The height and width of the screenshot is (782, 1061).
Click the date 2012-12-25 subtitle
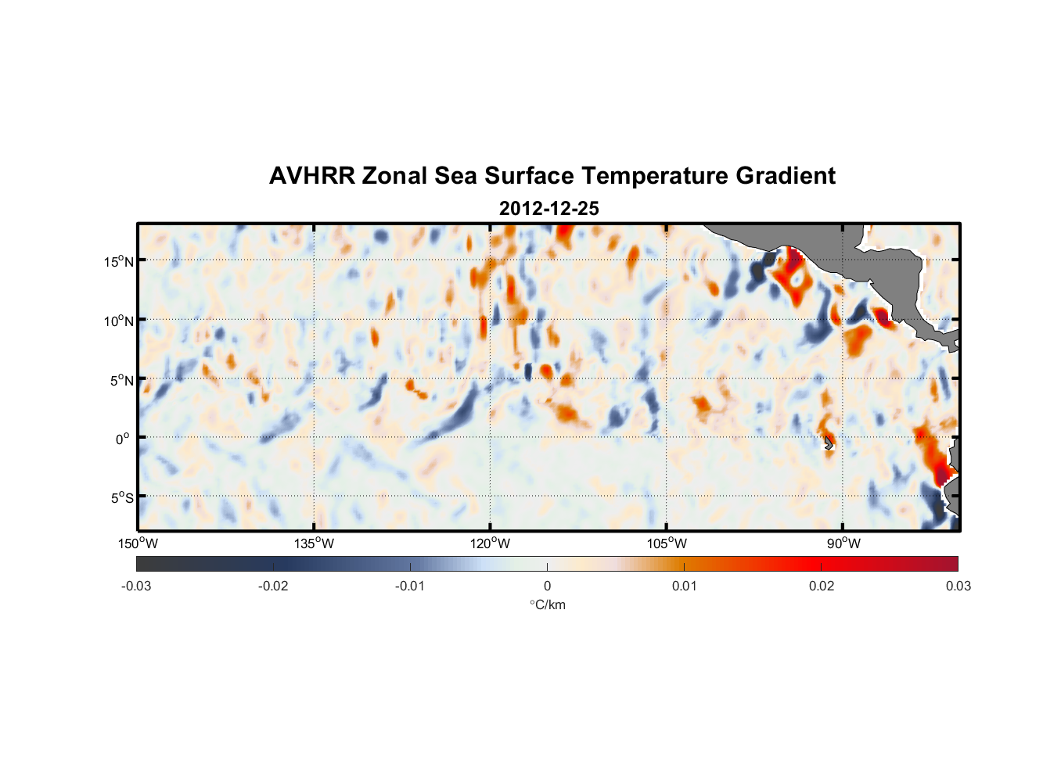(x=548, y=209)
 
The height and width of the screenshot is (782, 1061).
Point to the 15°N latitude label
(x=119, y=261)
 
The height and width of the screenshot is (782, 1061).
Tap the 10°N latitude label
(x=119, y=321)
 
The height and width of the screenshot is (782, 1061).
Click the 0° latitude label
(x=123, y=439)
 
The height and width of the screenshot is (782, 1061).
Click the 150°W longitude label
(x=138, y=543)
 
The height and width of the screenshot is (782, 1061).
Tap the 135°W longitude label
(x=314, y=543)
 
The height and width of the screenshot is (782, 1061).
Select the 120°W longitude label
(x=490, y=543)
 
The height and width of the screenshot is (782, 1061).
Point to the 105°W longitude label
(x=667, y=543)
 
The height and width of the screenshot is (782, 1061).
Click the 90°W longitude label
(x=843, y=543)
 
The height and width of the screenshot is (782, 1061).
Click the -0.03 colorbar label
(x=136, y=586)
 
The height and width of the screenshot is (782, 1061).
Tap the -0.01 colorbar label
(x=410, y=586)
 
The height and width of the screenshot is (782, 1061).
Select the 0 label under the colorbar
(x=547, y=586)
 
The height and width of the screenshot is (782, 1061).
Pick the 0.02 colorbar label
(x=822, y=586)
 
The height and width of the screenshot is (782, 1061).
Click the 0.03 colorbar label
(x=958, y=586)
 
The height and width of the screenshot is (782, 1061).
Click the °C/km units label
(x=547, y=604)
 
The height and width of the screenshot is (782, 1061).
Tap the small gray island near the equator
(x=829, y=443)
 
